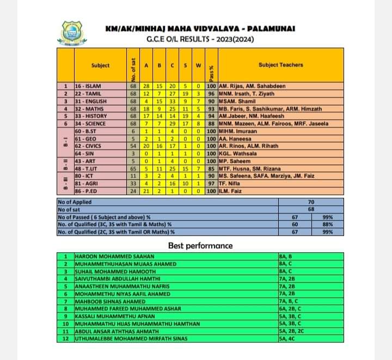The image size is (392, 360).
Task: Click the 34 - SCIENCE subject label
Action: click(x=90, y=124)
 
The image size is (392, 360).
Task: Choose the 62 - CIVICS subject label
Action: click(x=89, y=147)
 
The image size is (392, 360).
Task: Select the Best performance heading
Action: click(x=200, y=246)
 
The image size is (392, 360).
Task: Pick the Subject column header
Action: click(x=100, y=65)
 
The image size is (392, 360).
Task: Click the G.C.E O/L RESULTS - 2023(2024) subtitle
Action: click(x=200, y=39)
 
